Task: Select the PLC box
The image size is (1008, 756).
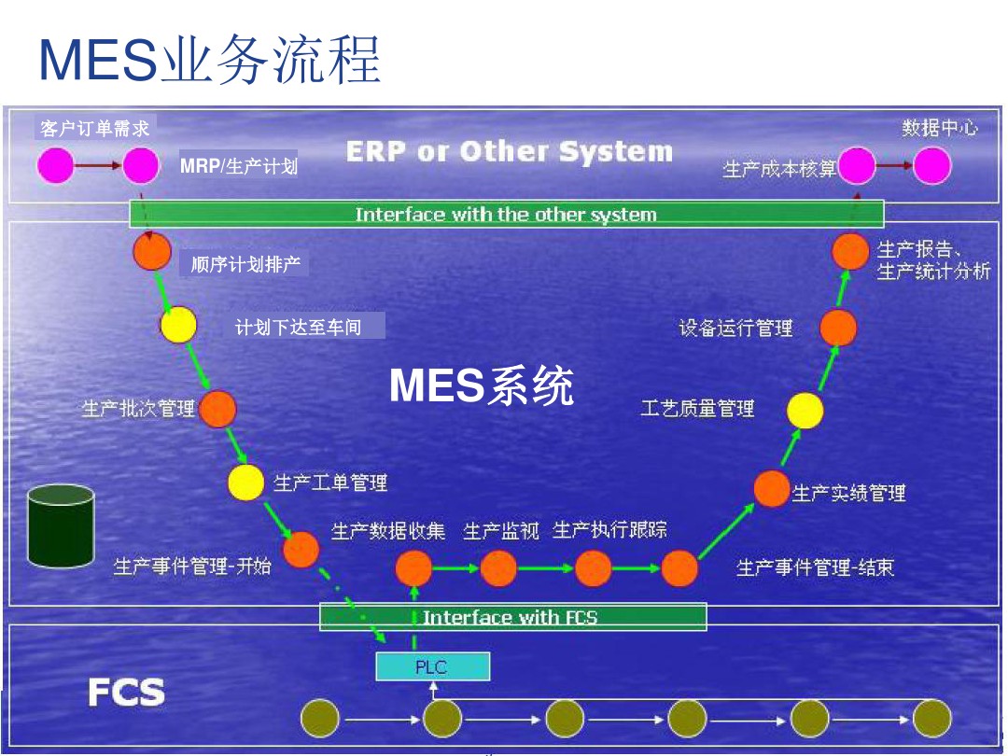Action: pos(432,666)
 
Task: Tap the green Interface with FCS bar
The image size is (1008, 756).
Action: pos(512,617)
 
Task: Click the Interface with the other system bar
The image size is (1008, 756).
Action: pos(506,214)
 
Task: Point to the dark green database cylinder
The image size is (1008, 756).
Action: pos(61,526)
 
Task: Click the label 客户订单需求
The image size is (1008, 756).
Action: pos(94,128)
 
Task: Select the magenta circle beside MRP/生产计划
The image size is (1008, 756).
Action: pos(141,166)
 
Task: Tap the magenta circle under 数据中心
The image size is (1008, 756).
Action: pos(931,166)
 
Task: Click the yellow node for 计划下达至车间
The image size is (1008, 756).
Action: pos(178,325)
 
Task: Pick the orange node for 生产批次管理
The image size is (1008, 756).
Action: pos(217,408)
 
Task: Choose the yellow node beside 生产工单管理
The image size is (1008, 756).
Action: pos(246,482)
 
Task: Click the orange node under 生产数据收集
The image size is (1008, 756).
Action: pos(413,567)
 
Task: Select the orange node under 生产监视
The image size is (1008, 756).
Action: pos(498,567)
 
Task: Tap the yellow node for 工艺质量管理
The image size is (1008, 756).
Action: pos(805,410)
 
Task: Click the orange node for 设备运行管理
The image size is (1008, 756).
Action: pos(838,328)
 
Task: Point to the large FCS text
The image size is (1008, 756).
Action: pos(126,693)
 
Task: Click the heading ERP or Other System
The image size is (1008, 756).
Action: pos(509,151)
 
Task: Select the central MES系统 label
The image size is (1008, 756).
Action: pos(481,385)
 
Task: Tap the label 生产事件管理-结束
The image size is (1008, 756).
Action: pos(815,567)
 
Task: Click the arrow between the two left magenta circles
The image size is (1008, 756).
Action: pos(98,166)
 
